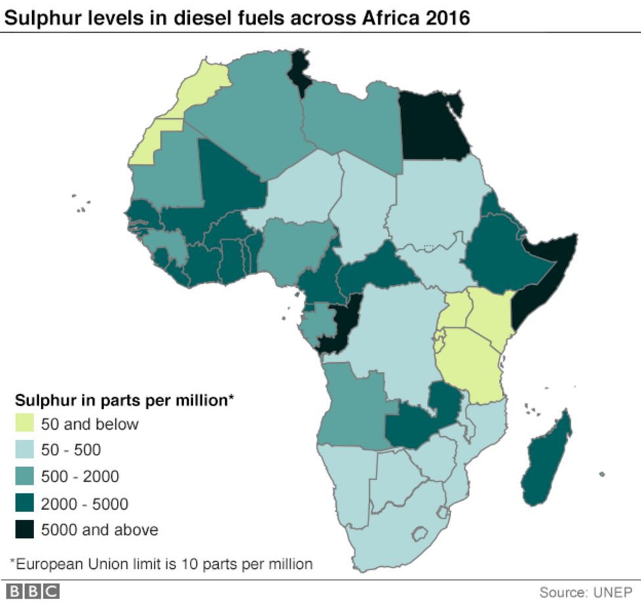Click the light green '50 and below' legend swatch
24,424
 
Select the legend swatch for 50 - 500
24,450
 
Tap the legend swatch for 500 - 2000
24,476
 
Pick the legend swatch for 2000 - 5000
24,503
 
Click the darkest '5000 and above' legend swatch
24,530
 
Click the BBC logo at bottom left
33,591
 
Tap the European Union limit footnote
162,564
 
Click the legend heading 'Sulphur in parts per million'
125,399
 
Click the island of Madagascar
546,459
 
